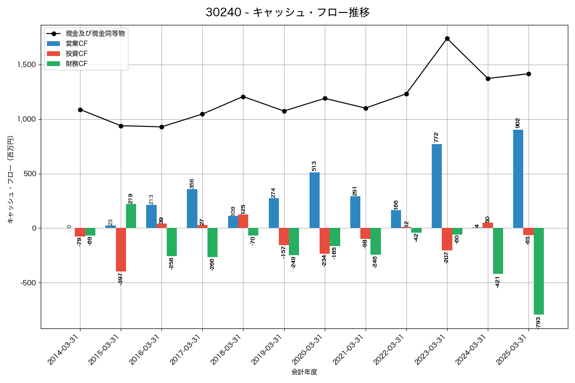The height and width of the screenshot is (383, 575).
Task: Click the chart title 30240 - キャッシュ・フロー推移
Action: [x=287, y=12]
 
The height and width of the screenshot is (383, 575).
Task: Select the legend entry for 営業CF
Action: [x=77, y=44]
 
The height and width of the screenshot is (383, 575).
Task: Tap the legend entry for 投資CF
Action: [x=77, y=53]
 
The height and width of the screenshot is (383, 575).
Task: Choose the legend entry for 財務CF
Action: [x=77, y=63]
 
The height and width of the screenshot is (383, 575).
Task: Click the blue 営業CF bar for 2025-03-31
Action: [x=518, y=179]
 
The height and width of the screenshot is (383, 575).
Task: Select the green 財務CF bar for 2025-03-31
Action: [x=539, y=271]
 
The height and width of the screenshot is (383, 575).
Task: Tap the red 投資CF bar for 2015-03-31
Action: [x=121, y=249]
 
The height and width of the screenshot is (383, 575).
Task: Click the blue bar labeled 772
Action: [x=437, y=186]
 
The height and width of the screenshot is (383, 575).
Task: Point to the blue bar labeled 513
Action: [x=314, y=200]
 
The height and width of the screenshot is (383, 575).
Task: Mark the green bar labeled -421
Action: [x=498, y=251]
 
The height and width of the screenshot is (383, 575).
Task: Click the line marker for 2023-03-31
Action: [x=447, y=38]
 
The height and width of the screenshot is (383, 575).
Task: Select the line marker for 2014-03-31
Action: [x=80, y=110]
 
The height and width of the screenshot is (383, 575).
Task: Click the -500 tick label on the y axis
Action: [x=28, y=282]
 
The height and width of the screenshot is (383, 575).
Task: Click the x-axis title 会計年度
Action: [x=304, y=372]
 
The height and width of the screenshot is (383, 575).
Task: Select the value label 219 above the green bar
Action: [x=130, y=198]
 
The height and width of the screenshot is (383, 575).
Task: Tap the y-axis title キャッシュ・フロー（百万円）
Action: [x=11, y=180]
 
